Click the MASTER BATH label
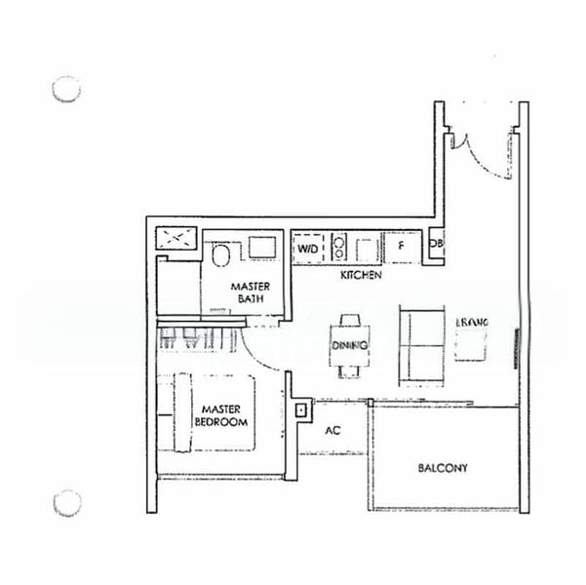250,292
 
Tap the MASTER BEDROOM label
222,415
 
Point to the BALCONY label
443,468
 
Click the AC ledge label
332,430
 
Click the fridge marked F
399,247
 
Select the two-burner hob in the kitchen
339,246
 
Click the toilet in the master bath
221,256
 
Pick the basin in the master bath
262,247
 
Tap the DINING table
349,346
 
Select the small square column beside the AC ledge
300,410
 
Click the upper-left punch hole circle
66,89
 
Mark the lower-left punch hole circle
66,503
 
